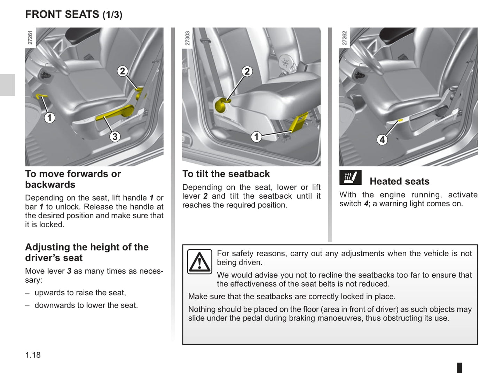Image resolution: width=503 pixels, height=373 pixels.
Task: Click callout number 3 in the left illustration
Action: coord(115,137)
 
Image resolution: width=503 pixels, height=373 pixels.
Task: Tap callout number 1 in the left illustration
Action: coord(49,118)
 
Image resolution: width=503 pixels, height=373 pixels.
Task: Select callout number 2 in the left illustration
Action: coord(122,71)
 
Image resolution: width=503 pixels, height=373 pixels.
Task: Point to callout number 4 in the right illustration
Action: coord(382,140)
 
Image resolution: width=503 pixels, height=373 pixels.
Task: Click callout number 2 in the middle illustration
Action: coord(247,71)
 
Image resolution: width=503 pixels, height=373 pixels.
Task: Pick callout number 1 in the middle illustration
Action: coord(257,137)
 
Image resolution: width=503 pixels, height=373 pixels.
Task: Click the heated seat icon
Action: coord(350,178)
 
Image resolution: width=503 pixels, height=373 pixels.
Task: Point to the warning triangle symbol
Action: coord(199,262)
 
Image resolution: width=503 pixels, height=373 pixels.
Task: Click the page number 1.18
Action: coord(33,355)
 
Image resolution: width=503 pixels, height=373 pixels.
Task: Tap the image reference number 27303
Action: coord(188,38)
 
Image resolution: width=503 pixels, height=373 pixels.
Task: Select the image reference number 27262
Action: coord(345,38)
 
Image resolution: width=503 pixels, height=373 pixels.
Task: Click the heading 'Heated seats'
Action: coord(399,181)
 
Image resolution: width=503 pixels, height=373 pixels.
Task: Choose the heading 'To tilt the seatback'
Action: coord(226,174)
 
